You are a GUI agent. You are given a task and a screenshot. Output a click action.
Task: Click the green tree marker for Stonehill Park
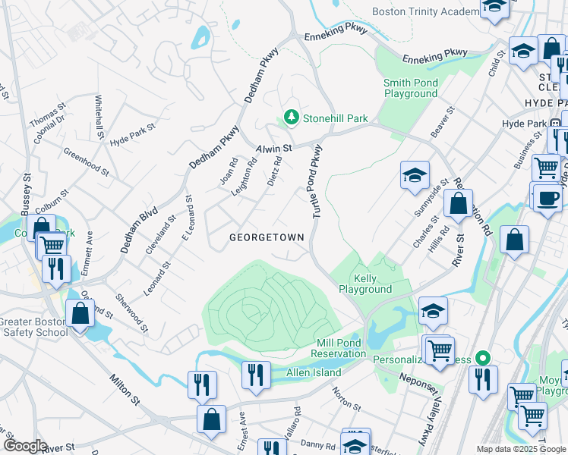coord(290,118)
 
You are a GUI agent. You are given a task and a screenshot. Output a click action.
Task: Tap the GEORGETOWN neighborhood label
coord(267,237)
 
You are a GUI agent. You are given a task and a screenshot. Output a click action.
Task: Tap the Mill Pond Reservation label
coord(341,348)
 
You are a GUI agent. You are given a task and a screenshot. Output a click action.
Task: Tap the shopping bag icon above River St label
coord(458,205)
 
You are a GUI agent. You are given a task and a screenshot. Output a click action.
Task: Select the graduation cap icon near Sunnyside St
coord(415,175)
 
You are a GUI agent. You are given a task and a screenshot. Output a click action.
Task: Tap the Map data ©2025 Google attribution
coord(520,449)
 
